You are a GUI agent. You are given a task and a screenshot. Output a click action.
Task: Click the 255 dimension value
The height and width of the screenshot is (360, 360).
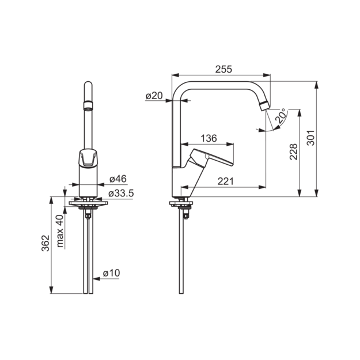[x=223, y=69]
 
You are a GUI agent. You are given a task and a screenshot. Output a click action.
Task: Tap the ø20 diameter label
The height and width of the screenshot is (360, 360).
[x=154, y=96]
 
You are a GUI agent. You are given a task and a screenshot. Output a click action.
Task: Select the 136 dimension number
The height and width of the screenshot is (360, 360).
[x=209, y=138]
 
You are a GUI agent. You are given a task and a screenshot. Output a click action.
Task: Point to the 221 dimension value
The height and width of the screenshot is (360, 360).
[x=225, y=181]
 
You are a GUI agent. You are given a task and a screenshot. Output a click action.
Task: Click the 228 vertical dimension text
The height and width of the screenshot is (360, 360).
[x=293, y=151]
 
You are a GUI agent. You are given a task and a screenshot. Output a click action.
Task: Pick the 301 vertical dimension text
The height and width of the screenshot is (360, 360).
[x=311, y=138]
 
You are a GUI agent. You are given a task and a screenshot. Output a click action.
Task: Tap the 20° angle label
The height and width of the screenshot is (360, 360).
[x=281, y=116]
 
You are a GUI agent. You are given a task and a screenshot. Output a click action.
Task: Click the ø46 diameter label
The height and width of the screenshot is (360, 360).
[x=118, y=179]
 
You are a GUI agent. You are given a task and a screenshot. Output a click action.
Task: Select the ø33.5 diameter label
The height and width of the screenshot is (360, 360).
[x=121, y=194]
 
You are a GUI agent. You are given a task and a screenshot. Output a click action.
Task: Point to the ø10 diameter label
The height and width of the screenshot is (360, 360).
[x=111, y=273]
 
